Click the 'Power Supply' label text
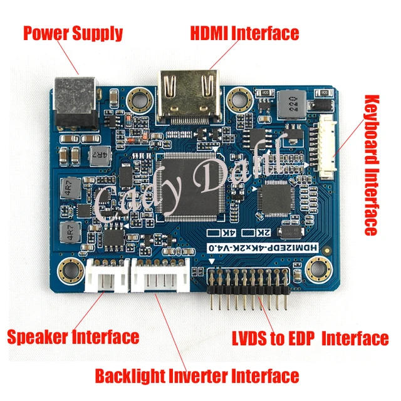[73, 33]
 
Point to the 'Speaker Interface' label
[73, 336]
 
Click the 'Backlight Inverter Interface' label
[197, 376]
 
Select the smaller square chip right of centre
[276, 200]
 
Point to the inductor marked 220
[289, 104]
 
